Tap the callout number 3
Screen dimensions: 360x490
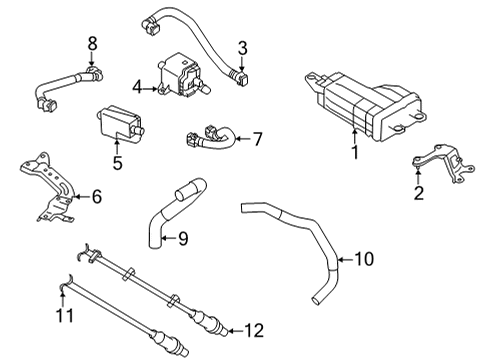[x=241, y=47]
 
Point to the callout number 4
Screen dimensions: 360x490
[x=138, y=88]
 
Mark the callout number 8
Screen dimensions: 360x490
[x=92, y=43]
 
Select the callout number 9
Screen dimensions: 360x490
[x=182, y=238]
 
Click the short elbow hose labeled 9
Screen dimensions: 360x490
[x=171, y=210]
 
